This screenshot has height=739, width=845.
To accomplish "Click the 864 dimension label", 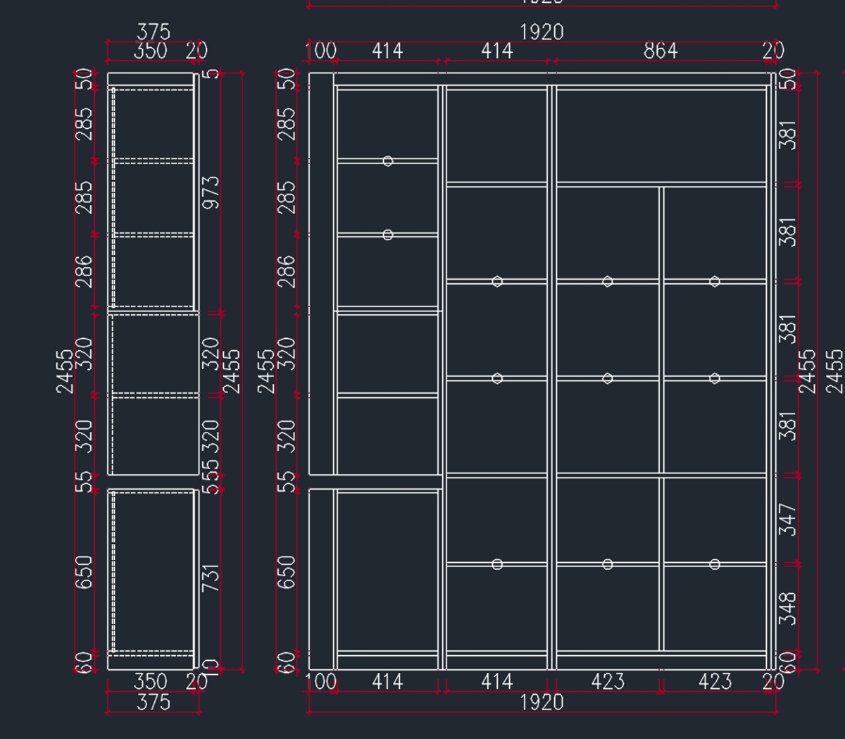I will click(660, 51).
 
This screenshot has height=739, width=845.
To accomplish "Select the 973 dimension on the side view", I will click(211, 192).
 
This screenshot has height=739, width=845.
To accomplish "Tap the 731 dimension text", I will click(211, 577).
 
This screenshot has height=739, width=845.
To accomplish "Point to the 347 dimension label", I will click(788, 519).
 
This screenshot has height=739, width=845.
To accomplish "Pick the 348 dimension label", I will click(788, 608).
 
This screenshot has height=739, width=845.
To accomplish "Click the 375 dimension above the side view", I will click(153, 32).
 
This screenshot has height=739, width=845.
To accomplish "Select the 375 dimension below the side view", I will click(153, 702).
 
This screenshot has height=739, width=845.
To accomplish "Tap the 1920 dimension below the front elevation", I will click(542, 702).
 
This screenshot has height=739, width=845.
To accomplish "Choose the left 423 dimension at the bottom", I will click(607, 682).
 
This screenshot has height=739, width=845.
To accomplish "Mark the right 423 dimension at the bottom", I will click(715, 682).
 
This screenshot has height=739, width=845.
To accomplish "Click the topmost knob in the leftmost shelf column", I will click(388, 161).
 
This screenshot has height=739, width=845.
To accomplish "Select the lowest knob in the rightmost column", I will click(715, 564).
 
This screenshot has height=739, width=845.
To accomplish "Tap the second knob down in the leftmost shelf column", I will click(388, 235).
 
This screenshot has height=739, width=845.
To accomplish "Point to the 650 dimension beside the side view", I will click(84, 572).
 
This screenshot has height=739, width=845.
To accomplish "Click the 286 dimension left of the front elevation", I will click(287, 271).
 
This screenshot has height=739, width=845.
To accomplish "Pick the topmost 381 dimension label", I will click(788, 135).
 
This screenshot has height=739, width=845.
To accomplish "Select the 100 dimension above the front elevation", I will click(320, 51).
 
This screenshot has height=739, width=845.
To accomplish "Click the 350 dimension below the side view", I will click(150, 682).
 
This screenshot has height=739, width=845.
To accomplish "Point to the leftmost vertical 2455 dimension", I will click(64, 371).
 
